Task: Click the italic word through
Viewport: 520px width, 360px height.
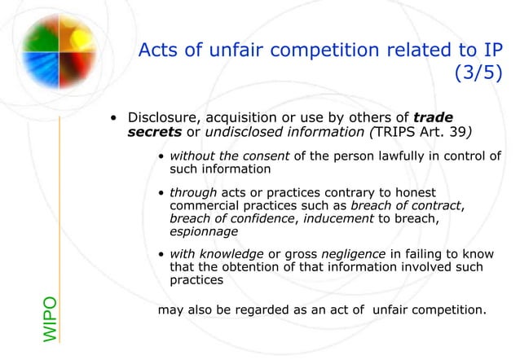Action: (193, 192)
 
